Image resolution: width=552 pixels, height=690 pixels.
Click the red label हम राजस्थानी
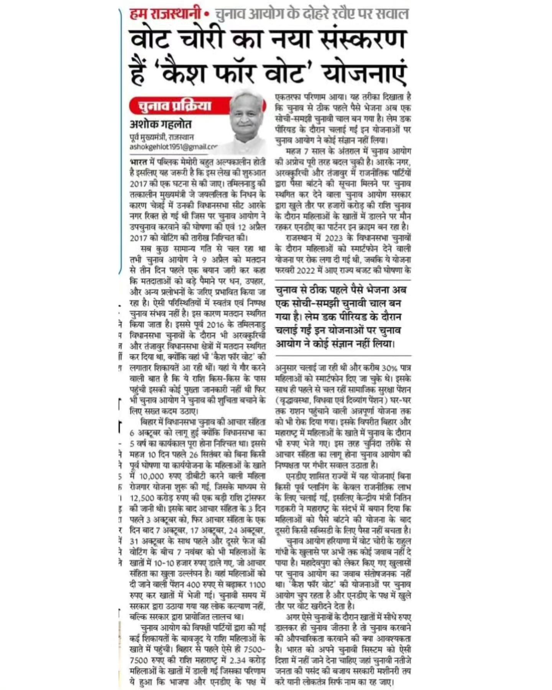pyautogui.click(x=166, y=14)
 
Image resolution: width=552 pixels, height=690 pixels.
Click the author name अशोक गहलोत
pyautogui.click(x=160, y=124)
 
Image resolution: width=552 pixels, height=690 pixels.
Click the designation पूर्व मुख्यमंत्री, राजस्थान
pyautogui.click(x=162, y=137)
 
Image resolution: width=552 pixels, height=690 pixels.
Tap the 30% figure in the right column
pyautogui.click(x=390, y=368)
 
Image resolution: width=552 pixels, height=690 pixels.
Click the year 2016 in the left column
pyautogui.click(x=215, y=324)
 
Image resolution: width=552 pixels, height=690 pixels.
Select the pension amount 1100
pyautogui.click(x=257, y=585)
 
